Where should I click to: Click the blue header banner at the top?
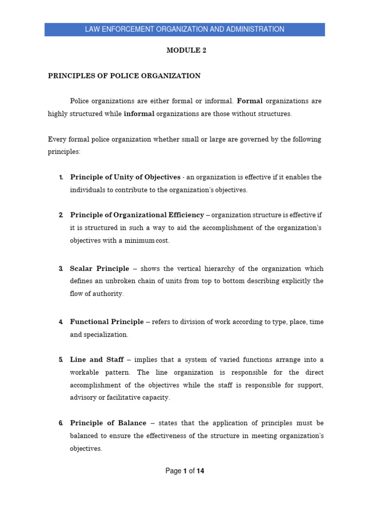tap(185, 29)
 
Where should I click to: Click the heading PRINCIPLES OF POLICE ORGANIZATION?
tap(124, 76)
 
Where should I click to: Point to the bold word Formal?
tap(250, 101)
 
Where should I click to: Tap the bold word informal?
tap(139, 114)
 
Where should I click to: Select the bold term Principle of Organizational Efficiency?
tap(137, 215)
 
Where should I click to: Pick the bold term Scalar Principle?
tap(99, 269)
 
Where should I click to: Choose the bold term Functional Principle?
tap(107, 322)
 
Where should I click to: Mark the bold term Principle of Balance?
tap(108, 423)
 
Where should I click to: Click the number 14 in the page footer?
tap(200, 471)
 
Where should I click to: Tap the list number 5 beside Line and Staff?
tap(60, 360)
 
